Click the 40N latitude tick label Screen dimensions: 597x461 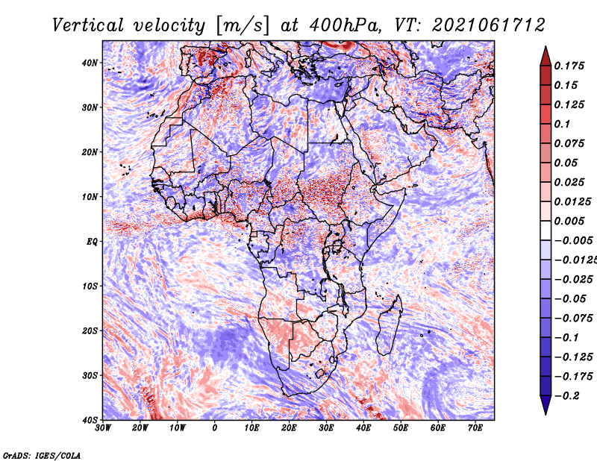[x=90, y=63]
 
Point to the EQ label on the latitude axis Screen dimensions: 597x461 [x=92, y=242]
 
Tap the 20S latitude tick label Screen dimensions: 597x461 [x=90, y=330]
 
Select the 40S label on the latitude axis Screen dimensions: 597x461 [x=90, y=420]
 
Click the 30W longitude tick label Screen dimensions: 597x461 [x=103, y=428]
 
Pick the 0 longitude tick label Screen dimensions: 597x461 [x=215, y=428]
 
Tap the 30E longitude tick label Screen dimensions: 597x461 [x=326, y=428]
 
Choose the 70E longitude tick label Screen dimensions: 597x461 [x=475, y=428]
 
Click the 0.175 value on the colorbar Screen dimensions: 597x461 [x=569, y=66]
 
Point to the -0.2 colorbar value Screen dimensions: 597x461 [x=567, y=396]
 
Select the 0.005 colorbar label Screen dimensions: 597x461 [x=569, y=221]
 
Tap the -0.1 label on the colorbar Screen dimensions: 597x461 [x=567, y=338]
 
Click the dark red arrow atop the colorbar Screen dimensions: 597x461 [x=546, y=57]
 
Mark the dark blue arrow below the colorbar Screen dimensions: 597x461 [x=546, y=405]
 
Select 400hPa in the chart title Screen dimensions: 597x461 [x=345, y=25]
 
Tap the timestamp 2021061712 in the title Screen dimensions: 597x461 [x=489, y=25]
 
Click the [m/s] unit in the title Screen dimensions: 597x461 [x=243, y=25]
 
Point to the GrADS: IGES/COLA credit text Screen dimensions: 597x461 [x=42, y=455]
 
